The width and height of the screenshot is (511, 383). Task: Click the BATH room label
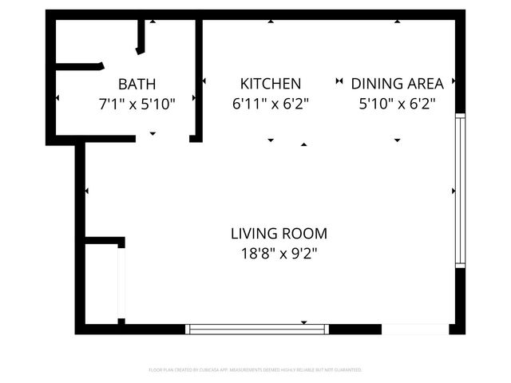137,84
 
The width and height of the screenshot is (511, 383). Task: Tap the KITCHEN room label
271,84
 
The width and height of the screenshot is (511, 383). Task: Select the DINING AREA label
397,84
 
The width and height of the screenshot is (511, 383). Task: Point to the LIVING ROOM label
279,234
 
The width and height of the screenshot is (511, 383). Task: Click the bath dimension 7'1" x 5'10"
137,103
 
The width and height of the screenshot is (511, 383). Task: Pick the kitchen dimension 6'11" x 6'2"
271,103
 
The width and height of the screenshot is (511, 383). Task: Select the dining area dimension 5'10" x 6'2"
397,103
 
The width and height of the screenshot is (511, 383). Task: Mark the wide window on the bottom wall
257,328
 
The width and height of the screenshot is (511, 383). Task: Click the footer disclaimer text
255,370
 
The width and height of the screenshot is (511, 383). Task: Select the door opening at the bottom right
414,328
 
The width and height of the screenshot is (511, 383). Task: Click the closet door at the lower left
121,283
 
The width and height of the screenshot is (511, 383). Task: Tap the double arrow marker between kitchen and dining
339,81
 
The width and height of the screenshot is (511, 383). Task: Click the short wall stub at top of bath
141,37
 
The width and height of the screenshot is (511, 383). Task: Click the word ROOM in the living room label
306,234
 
